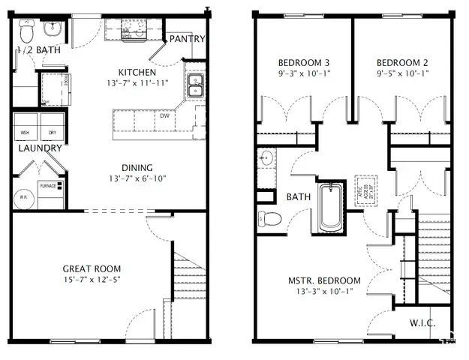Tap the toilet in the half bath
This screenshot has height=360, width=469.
point(27,31)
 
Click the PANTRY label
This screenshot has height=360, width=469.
point(188,39)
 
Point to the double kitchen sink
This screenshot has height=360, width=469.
point(194,86)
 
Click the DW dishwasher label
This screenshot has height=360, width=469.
point(164,115)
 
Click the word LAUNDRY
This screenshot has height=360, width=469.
point(40,148)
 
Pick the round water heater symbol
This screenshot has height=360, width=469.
point(24,198)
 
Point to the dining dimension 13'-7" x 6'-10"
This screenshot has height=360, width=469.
point(137,179)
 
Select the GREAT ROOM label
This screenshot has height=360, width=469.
point(92,268)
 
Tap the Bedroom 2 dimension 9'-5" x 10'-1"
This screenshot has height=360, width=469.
point(401,74)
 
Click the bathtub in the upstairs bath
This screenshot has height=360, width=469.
point(330,207)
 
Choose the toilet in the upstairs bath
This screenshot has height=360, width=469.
point(269,219)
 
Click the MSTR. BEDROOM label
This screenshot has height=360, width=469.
point(324,280)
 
